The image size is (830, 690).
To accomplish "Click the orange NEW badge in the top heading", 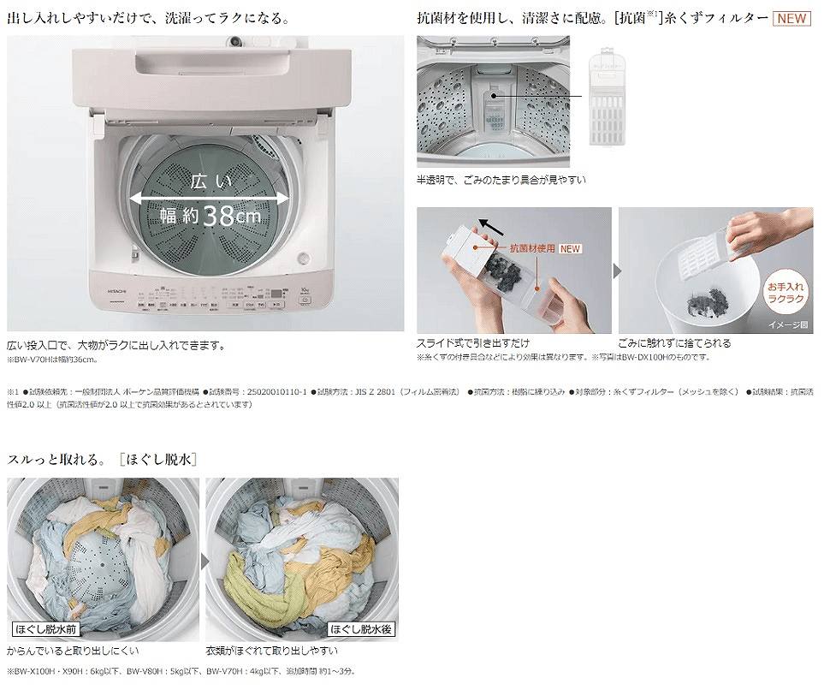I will (x=791, y=18).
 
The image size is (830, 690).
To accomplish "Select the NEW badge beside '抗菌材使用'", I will (x=570, y=249).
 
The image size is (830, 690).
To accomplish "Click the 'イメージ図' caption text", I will (x=788, y=325).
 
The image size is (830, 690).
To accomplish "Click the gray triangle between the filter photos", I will (x=615, y=271).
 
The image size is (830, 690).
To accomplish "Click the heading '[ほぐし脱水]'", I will (x=159, y=460).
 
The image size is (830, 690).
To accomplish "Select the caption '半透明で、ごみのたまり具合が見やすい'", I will (x=501, y=180).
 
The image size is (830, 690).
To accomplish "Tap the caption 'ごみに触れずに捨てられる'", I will (x=675, y=343).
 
